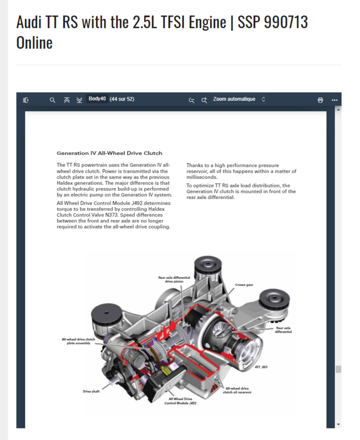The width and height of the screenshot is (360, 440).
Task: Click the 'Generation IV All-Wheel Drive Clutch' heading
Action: coord(109,153)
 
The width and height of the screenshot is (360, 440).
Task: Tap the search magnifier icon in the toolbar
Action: coord(52,100)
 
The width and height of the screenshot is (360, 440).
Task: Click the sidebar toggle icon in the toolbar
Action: coord(26,100)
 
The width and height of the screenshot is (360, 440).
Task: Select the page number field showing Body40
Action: coord(97,100)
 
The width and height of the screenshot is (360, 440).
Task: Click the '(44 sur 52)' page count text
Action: coord(122,100)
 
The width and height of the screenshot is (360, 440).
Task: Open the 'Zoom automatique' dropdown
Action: coord(239,100)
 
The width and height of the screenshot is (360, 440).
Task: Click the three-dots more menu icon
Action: coord(334,100)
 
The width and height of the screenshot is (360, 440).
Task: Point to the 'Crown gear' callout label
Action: coord(244,285)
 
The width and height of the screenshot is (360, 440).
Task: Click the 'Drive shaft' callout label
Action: coord(91,392)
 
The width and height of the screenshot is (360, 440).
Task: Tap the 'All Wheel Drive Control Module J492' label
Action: coord(181,401)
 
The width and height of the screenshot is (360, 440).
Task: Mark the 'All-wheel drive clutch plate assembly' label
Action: coord(79,342)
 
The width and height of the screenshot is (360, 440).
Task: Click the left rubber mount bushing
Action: coord(103,315)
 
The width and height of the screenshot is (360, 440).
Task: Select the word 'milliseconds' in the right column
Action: coord(202,178)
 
